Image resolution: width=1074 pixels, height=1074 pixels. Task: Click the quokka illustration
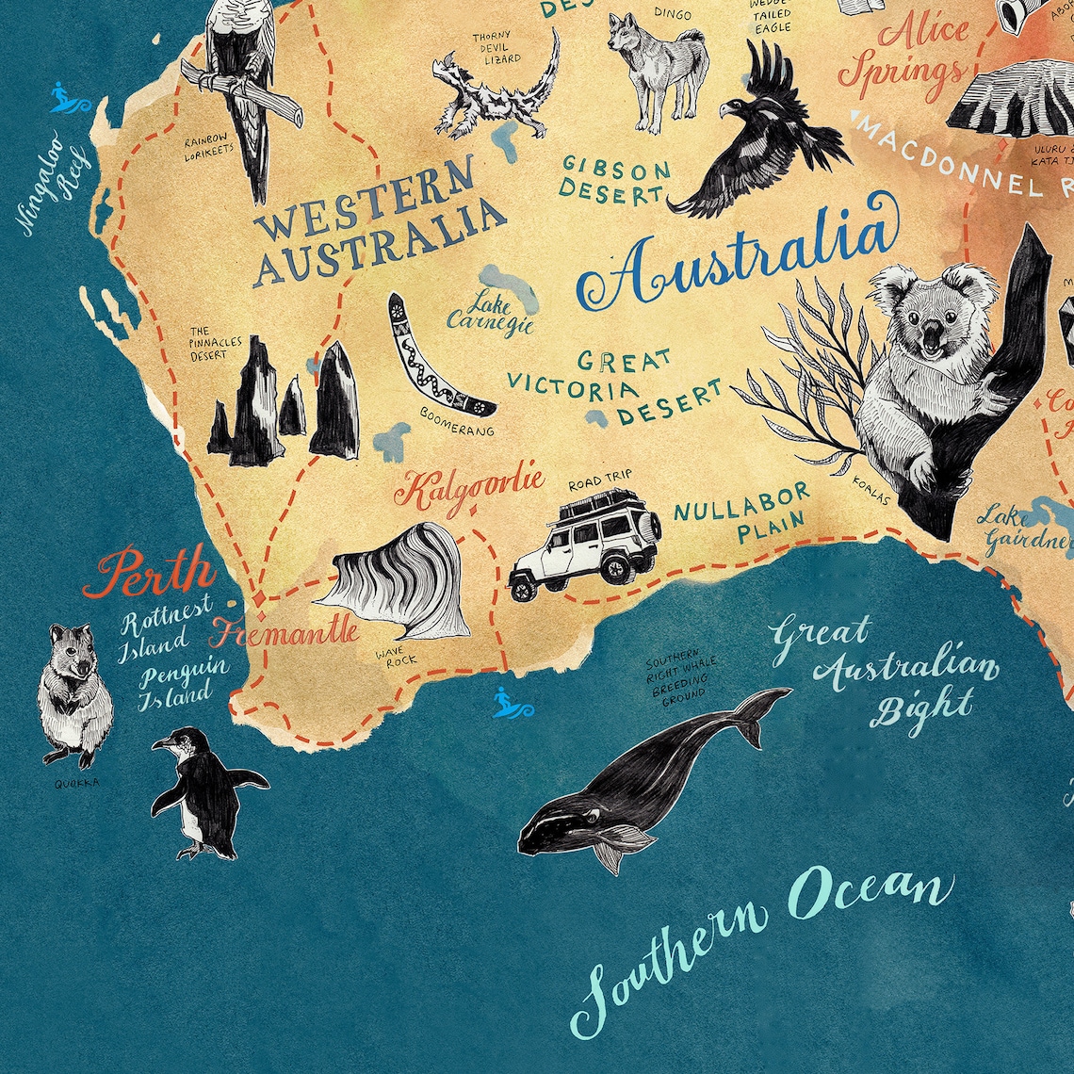tap(74, 695)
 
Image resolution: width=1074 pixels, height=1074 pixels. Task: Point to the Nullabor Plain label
tap(741, 513)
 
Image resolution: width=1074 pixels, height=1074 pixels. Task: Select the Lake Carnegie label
tap(490, 314)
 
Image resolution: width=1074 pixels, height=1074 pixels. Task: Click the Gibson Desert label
tap(615, 179)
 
